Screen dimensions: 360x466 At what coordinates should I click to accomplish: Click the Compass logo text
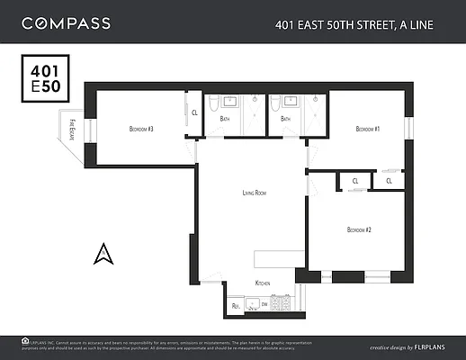coord(66,22)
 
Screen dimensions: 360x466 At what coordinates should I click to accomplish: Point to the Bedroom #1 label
coord(367,130)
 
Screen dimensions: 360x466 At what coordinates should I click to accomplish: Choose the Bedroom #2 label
coord(359,230)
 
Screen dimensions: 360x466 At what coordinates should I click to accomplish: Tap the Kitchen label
coord(263,283)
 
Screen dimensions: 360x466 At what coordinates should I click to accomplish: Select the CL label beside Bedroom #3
coord(195,112)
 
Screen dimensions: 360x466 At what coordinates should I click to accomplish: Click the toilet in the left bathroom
coord(212,106)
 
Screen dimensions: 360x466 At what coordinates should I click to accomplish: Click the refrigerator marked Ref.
coord(237,306)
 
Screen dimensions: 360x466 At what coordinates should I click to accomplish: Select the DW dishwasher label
coord(264,306)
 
